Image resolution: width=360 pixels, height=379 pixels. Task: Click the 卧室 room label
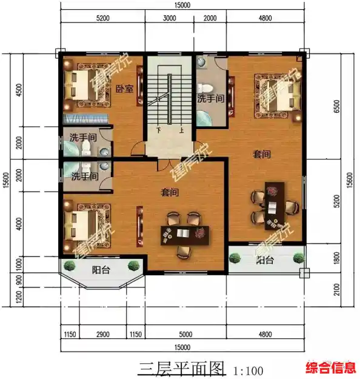tap(124, 89)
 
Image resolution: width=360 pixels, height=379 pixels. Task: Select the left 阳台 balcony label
tap(101, 270)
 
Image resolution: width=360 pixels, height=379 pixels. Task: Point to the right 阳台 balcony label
tap(264, 261)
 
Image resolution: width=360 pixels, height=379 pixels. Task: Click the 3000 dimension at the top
tap(170, 19)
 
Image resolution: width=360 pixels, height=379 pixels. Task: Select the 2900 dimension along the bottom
tap(102, 334)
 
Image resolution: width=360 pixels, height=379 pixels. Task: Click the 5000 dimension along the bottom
tap(185, 334)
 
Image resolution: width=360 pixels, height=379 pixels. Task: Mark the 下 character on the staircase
tap(158, 130)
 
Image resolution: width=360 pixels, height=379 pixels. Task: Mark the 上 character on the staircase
tap(181, 130)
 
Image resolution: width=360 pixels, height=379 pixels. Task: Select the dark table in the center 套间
tap(184, 233)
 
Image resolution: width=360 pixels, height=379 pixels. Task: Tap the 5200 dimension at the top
tap(102, 19)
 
